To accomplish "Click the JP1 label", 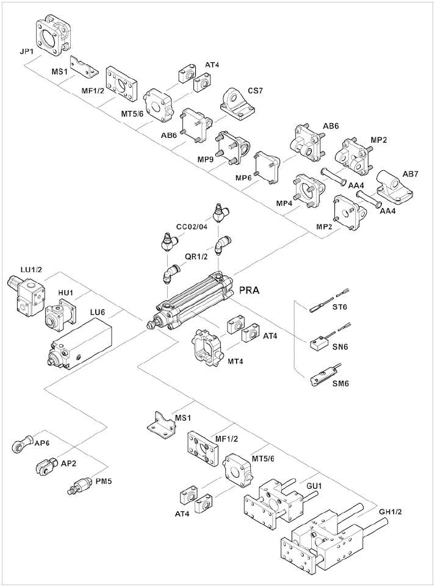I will coord(26,52).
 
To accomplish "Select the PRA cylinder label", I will coord(248,290).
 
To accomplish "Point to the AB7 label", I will coord(411,174).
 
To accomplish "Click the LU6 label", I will coord(98,312).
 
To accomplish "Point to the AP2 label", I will coord(68,463).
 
